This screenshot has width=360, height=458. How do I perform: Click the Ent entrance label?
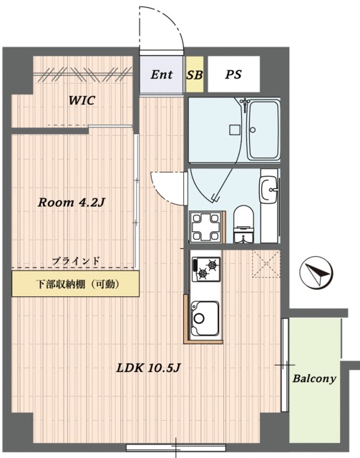coord(162,74)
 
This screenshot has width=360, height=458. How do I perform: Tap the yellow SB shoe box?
coord(195,74)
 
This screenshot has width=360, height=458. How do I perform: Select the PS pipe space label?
coord(233,74)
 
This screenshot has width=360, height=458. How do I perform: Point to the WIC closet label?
coord(82,100)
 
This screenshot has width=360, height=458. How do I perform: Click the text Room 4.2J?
coord(71,203)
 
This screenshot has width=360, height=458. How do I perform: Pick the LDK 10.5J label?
coord(148,368)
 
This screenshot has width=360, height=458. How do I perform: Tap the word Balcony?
coord(314,379)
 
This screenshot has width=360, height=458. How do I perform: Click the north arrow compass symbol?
coord(316,273)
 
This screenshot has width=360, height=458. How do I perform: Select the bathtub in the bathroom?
coord(264,130)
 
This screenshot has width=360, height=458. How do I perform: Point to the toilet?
coord(244,224)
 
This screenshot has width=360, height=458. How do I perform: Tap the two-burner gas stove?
coord(205,269)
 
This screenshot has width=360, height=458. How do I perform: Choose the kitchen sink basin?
coord(205,318)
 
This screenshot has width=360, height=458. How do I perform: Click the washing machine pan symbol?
coord(205,227)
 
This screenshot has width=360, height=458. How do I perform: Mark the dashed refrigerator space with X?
coord(266,264)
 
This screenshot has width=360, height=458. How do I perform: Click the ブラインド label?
coord(76,260)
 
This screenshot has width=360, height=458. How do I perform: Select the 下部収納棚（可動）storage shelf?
coord(75,284)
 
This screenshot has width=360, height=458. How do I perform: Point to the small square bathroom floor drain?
coord(235,130)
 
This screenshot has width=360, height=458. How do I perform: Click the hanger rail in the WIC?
coord(83,75)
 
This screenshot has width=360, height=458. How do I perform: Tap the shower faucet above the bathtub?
coord(244,103)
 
